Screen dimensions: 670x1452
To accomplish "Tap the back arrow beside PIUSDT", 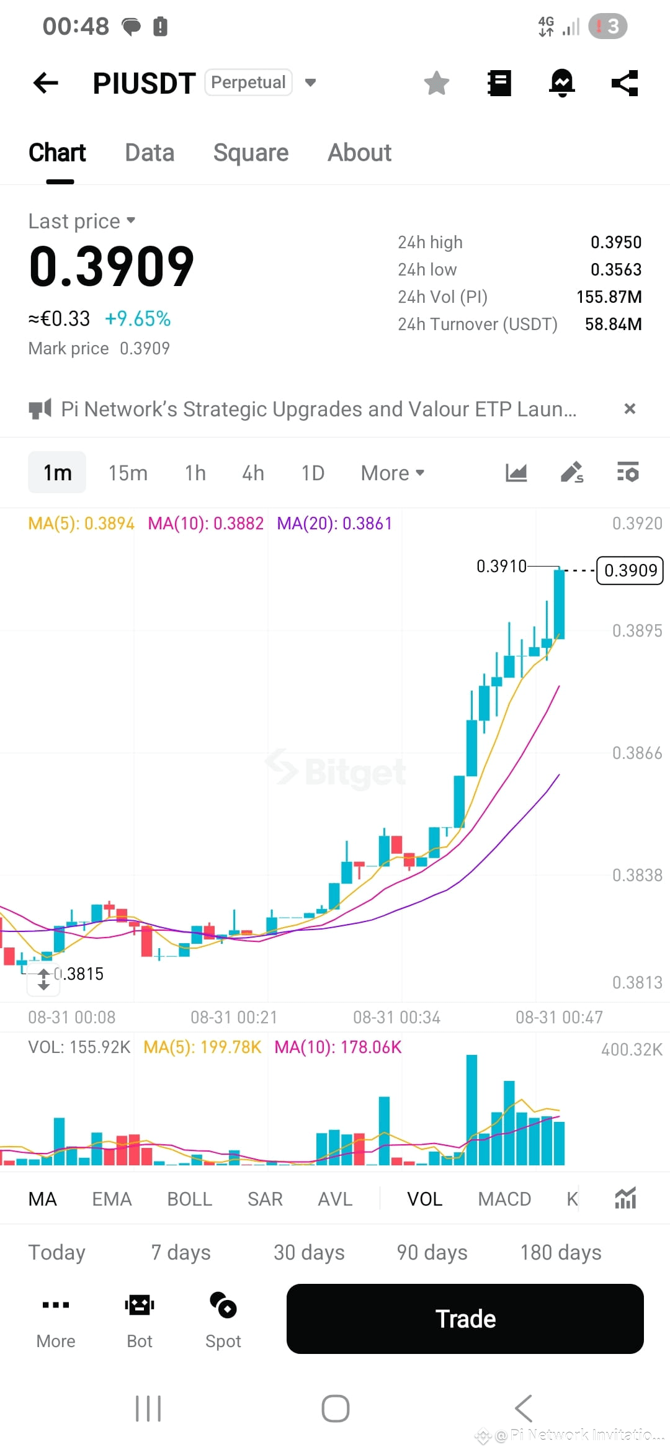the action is click(x=45, y=83).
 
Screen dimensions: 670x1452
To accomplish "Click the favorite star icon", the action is click(x=437, y=83).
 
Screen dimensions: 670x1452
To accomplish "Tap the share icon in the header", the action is click(x=625, y=83).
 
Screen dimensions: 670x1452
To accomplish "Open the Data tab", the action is click(x=150, y=153).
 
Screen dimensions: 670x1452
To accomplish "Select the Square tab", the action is click(x=251, y=153).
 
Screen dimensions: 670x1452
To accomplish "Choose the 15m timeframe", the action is click(x=128, y=473).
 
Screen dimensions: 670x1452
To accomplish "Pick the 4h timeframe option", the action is click(x=253, y=473).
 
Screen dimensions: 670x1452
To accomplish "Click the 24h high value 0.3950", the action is click(x=616, y=242).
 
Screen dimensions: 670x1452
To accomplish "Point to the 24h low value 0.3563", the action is click(x=616, y=269).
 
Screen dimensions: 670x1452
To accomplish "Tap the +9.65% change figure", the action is click(x=138, y=319).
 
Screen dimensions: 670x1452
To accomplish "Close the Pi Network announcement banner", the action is click(x=630, y=409).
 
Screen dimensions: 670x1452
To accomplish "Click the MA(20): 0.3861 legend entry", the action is click(x=334, y=524).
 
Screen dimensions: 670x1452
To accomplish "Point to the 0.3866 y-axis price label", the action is click(x=637, y=753).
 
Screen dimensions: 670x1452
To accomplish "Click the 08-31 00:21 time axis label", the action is click(x=234, y=1017).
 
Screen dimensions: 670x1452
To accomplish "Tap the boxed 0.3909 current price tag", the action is click(x=630, y=570).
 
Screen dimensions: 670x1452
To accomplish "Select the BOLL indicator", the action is click(x=190, y=1199).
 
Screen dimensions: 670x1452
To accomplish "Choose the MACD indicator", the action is click(x=504, y=1199).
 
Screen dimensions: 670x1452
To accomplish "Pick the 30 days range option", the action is click(x=309, y=1253).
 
